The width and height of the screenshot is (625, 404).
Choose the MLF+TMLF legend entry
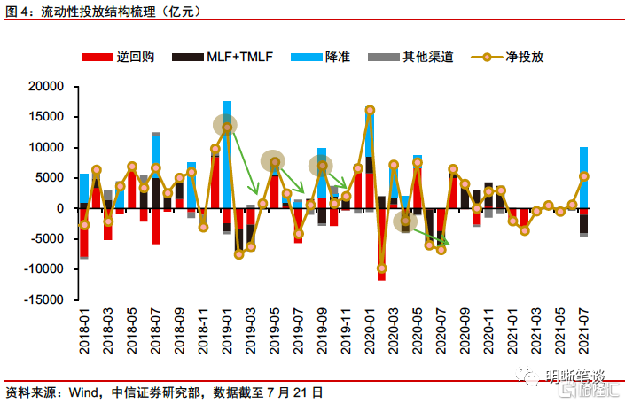click(x=240, y=58)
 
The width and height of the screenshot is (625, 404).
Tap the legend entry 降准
click(x=338, y=58)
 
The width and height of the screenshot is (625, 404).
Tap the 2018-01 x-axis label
click(x=84, y=330)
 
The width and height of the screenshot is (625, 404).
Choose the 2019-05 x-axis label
click(x=275, y=330)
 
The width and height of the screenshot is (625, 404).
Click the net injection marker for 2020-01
click(x=370, y=111)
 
